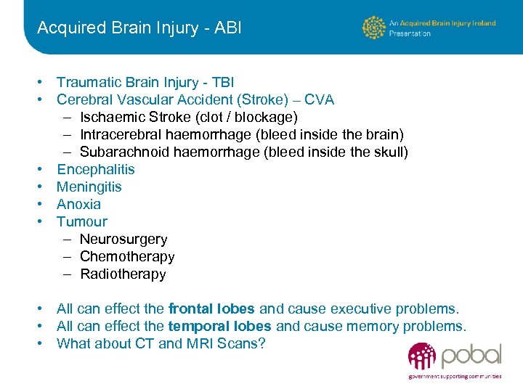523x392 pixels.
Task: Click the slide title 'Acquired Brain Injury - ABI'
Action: coord(139,28)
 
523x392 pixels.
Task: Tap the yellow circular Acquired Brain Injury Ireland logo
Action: coord(374,28)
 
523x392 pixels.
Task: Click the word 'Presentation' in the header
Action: coord(410,33)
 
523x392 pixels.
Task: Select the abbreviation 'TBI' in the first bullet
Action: coord(221,82)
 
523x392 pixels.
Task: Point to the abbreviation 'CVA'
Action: coord(320,99)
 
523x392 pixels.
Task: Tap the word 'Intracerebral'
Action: coord(121,134)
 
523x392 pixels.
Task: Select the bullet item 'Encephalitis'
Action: coord(96,169)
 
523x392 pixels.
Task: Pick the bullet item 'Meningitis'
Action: coord(89,187)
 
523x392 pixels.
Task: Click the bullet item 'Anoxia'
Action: coord(79,204)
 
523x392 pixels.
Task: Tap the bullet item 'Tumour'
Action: coord(82,221)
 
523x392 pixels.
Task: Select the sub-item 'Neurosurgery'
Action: coord(123,239)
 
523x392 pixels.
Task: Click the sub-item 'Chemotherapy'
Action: coord(127,256)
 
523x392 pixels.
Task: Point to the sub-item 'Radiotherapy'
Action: coord(123,274)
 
